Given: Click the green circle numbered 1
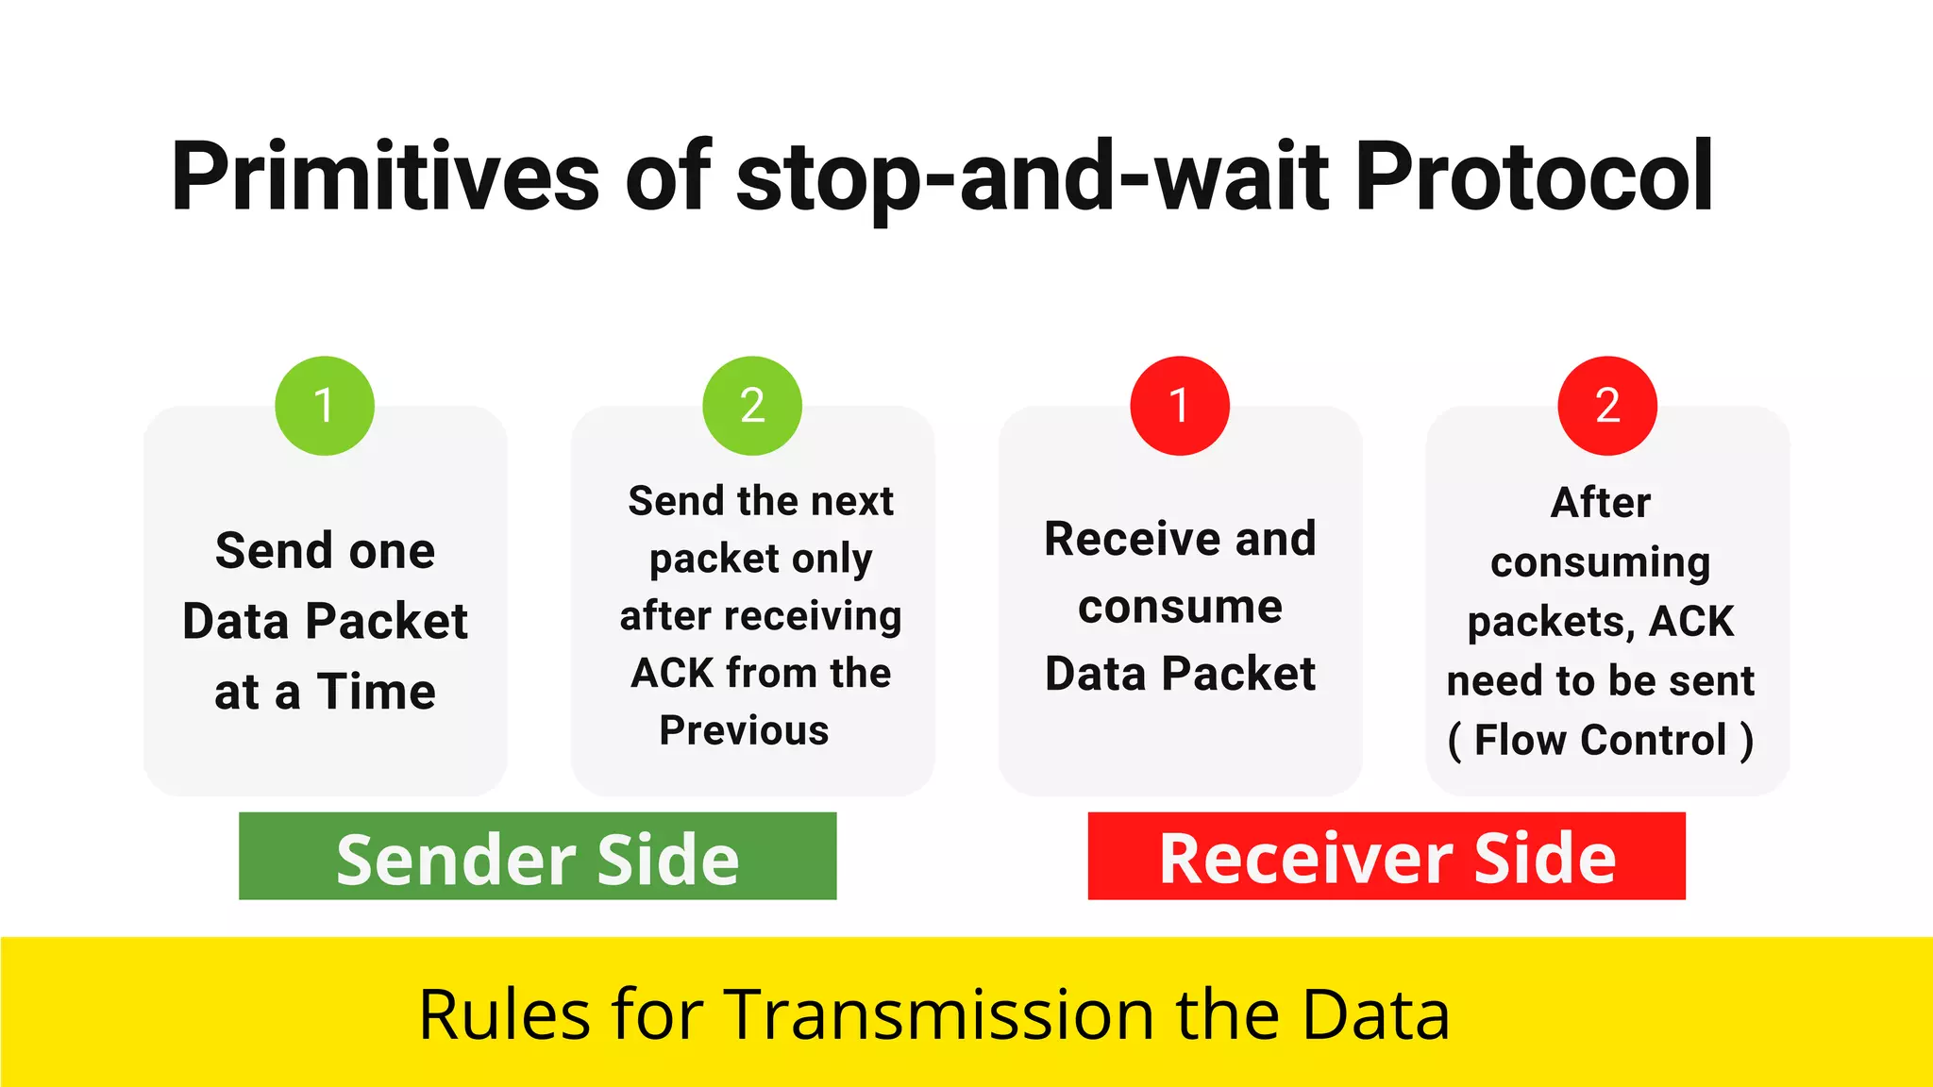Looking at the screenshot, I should click(x=325, y=406).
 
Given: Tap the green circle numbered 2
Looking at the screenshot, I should click(x=752, y=406).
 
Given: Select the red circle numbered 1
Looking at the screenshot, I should click(x=1180, y=406).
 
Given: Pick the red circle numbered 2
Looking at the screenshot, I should click(x=1607, y=406).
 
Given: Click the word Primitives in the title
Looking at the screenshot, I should click(x=385, y=177).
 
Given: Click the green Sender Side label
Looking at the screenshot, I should click(x=538, y=857).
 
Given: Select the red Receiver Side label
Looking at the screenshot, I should click(x=1387, y=857).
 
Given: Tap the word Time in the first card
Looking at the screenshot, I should click(x=376, y=692).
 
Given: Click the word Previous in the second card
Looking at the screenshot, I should click(x=744, y=730).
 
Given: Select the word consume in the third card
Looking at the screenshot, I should click(x=1180, y=607).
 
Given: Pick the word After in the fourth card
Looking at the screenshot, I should click(x=1601, y=503).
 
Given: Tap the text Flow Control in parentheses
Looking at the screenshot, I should click(x=1601, y=740).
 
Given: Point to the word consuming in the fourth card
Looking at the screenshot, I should click(x=1601, y=562).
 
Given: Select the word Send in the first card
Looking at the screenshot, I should click(x=275, y=550).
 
